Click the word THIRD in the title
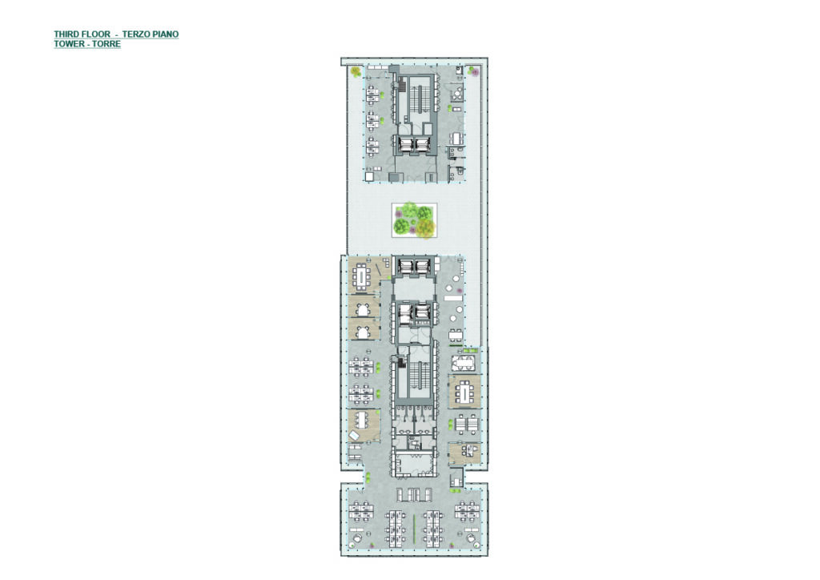[x=67, y=34]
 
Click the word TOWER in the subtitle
[x=68, y=44]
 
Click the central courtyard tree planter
[x=414, y=220]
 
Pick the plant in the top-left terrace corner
[x=356, y=71]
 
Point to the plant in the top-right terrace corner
[x=473, y=71]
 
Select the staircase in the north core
[x=414, y=97]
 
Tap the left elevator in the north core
[x=406, y=145]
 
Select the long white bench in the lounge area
[x=452, y=297]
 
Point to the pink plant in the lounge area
[x=459, y=290]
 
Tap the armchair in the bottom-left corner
[x=358, y=537]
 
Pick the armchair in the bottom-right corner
[x=471, y=538]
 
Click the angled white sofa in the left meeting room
[x=354, y=435]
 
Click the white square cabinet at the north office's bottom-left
[x=369, y=177]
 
